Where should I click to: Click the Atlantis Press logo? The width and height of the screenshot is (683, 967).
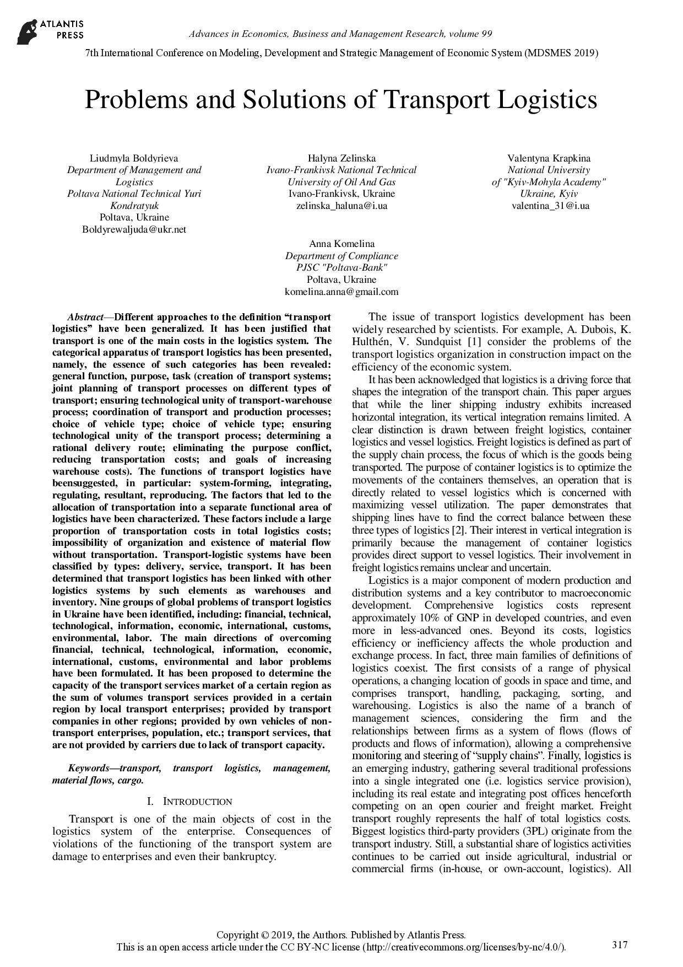[50, 31]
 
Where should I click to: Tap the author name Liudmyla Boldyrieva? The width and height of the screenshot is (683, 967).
[134, 158]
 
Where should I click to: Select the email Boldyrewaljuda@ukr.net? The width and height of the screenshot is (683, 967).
[134, 229]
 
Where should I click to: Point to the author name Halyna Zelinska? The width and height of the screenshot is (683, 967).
[341, 158]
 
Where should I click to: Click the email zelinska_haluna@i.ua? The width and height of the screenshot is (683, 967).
[341, 206]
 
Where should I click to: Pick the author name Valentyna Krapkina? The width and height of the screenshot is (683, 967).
[549, 158]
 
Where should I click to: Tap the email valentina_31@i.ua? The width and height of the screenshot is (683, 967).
[550, 206]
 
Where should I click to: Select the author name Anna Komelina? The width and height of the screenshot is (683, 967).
[341, 244]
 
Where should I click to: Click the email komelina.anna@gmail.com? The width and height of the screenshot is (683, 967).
[341, 292]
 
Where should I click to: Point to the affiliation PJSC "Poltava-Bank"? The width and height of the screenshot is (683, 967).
[341, 268]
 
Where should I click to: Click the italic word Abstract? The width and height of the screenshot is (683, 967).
[85, 317]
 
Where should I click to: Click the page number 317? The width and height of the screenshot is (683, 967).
[620, 945]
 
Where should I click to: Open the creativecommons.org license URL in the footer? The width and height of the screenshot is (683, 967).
[463, 948]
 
